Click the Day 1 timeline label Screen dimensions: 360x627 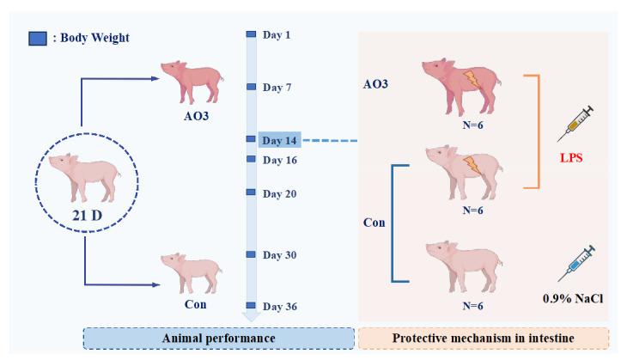[x=277, y=35]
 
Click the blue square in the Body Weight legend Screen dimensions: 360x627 [x=38, y=38]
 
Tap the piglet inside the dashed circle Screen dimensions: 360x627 [x=82, y=171]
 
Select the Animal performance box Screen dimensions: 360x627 [x=218, y=338]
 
